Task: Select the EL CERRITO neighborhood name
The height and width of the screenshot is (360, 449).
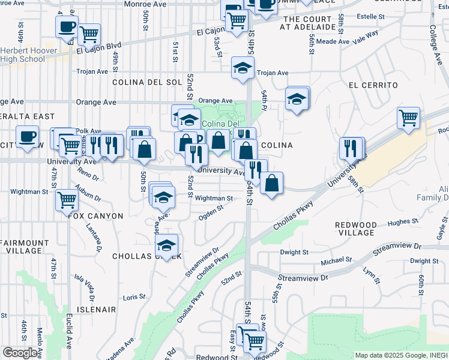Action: [x=373, y=86]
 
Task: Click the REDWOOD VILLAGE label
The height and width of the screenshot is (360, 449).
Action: [x=356, y=229]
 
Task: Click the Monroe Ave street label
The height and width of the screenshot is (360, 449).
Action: [x=145, y=4]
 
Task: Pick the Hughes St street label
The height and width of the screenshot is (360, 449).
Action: [x=403, y=222]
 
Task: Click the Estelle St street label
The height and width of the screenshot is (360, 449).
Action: [x=374, y=17]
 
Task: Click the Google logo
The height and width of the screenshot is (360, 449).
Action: [x=20, y=353]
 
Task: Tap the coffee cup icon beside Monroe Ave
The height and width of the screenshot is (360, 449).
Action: [x=67, y=26]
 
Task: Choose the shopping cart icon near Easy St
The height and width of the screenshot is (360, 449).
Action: [x=255, y=341]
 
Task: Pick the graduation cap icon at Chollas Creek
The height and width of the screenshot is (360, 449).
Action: [x=166, y=245]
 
